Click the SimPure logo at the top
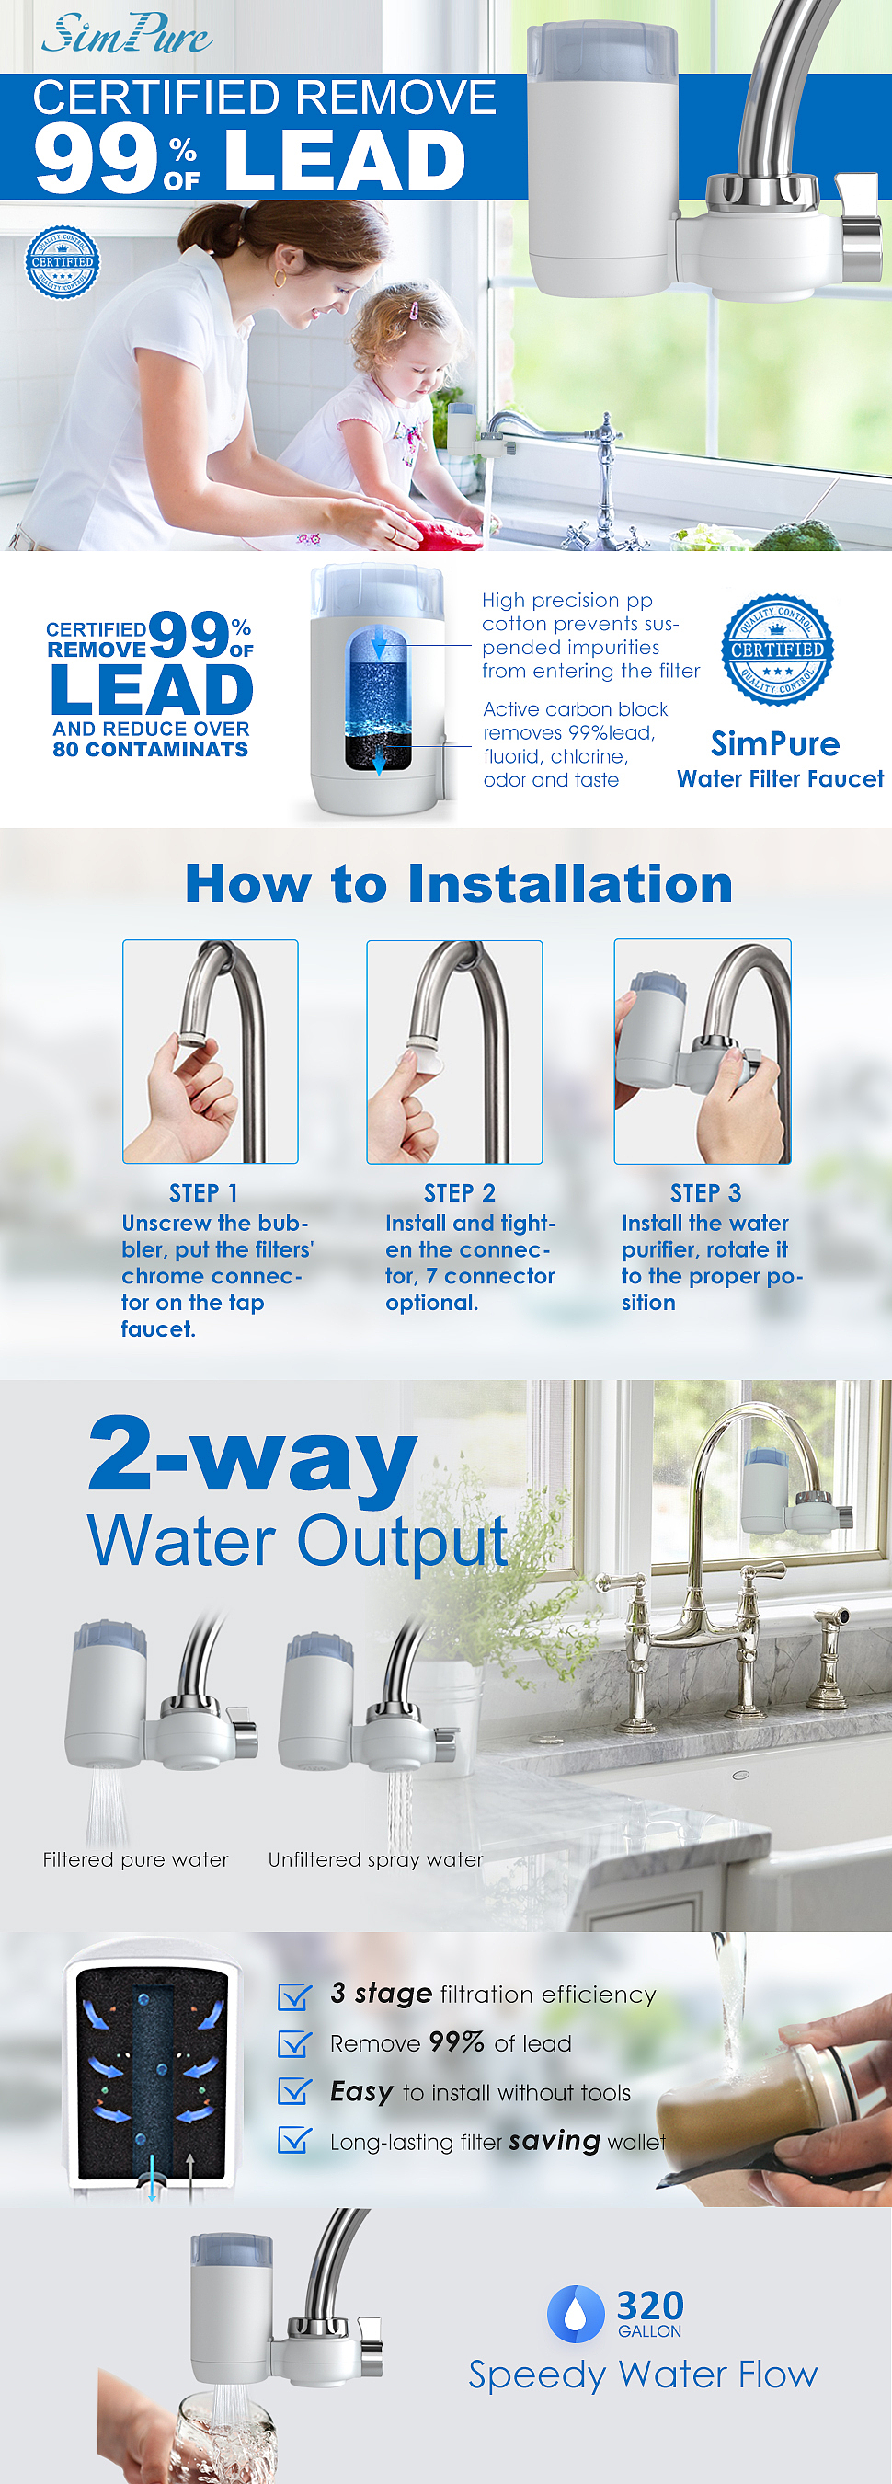click(126, 34)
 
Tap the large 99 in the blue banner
click(96, 159)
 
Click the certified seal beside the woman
click(63, 262)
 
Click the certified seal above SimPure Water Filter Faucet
click(777, 649)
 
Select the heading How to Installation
click(459, 883)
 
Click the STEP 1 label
click(203, 1193)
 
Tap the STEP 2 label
click(459, 1193)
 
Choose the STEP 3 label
click(706, 1193)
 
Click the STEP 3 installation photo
click(703, 1051)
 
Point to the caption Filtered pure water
click(136, 1859)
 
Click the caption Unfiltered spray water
click(375, 1859)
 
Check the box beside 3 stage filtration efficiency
click(294, 1995)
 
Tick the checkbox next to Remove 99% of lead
click(294, 2042)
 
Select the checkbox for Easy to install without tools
click(294, 2090)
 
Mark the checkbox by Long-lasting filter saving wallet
click(294, 2140)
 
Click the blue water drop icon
click(576, 2313)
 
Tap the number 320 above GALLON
click(650, 2306)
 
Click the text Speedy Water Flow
click(643, 2375)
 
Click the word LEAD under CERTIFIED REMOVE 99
click(152, 690)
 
